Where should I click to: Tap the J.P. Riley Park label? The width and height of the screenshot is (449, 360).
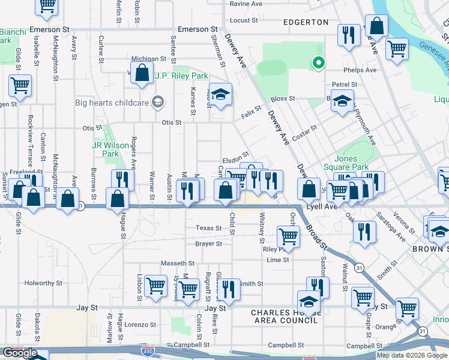(x=181, y=76)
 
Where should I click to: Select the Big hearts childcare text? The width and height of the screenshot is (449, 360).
(x=111, y=103)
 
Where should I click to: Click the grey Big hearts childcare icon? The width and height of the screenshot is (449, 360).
(x=158, y=102)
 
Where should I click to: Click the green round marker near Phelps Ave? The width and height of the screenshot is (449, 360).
(x=319, y=62)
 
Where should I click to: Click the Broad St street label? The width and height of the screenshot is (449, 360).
(x=316, y=237)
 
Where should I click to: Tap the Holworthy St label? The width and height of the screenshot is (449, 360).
(x=43, y=283)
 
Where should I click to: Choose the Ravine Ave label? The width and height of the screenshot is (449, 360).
(x=246, y=4)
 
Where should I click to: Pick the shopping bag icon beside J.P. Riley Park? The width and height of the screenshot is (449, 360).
(x=142, y=74)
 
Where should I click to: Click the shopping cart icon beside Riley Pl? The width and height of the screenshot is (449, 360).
(x=288, y=236)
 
